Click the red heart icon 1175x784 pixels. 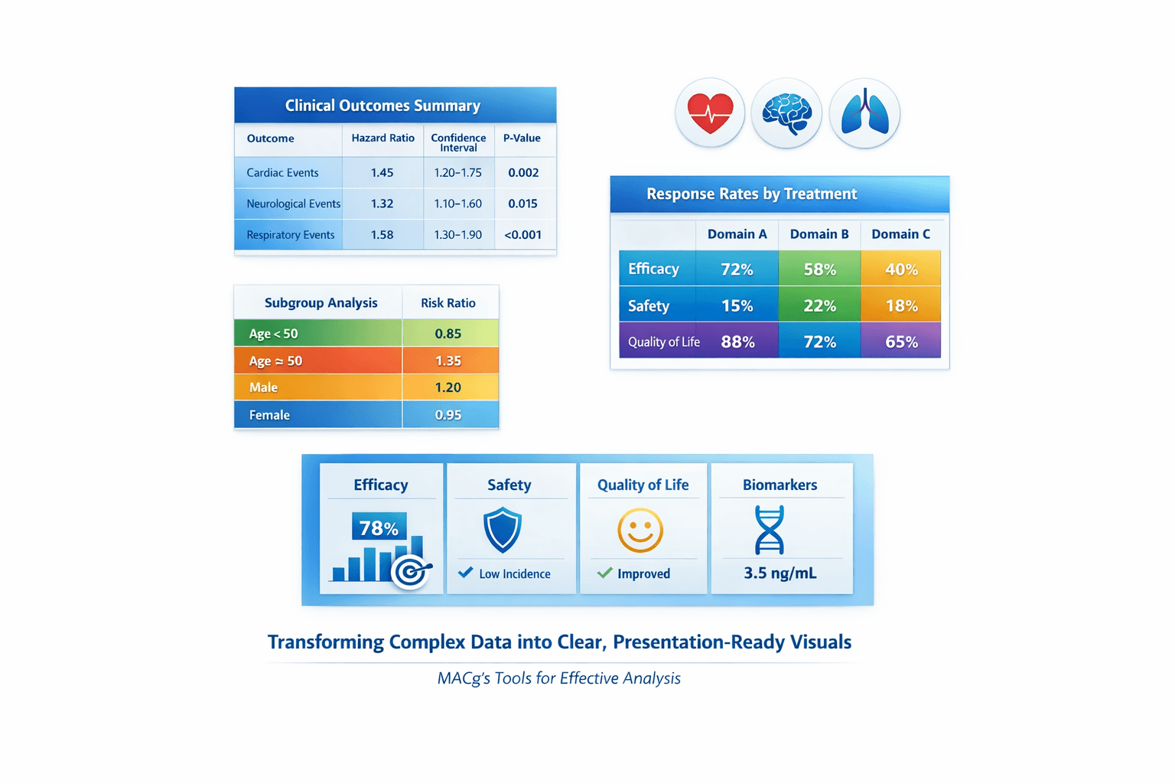click(x=710, y=113)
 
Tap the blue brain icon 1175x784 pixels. click(x=786, y=113)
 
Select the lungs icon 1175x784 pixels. click(x=864, y=113)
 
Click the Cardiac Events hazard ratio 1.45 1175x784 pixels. click(x=382, y=173)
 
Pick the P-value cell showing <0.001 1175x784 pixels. click(x=522, y=235)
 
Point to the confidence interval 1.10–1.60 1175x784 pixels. click(x=457, y=204)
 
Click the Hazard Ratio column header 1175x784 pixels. click(x=382, y=139)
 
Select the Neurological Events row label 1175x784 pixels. click(x=293, y=204)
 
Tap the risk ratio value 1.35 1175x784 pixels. click(x=448, y=361)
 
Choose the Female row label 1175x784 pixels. click(x=269, y=415)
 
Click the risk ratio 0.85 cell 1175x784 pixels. click(x=448, y=334)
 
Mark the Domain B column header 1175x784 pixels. click(x=819, y=234)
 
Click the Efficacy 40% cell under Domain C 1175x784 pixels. click(x=901, y=269)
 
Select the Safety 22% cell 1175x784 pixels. click(x=819, y=306)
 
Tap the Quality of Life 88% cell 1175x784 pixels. click(x=737, y=342)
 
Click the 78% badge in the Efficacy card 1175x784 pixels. click(x=379, y=528)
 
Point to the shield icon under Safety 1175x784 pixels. click(x=503, y=530)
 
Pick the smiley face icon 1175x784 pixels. click(x=640, y=530)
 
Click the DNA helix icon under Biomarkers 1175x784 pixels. click(x=770, y=530)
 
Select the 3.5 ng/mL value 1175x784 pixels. click(x=780, y=573)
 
